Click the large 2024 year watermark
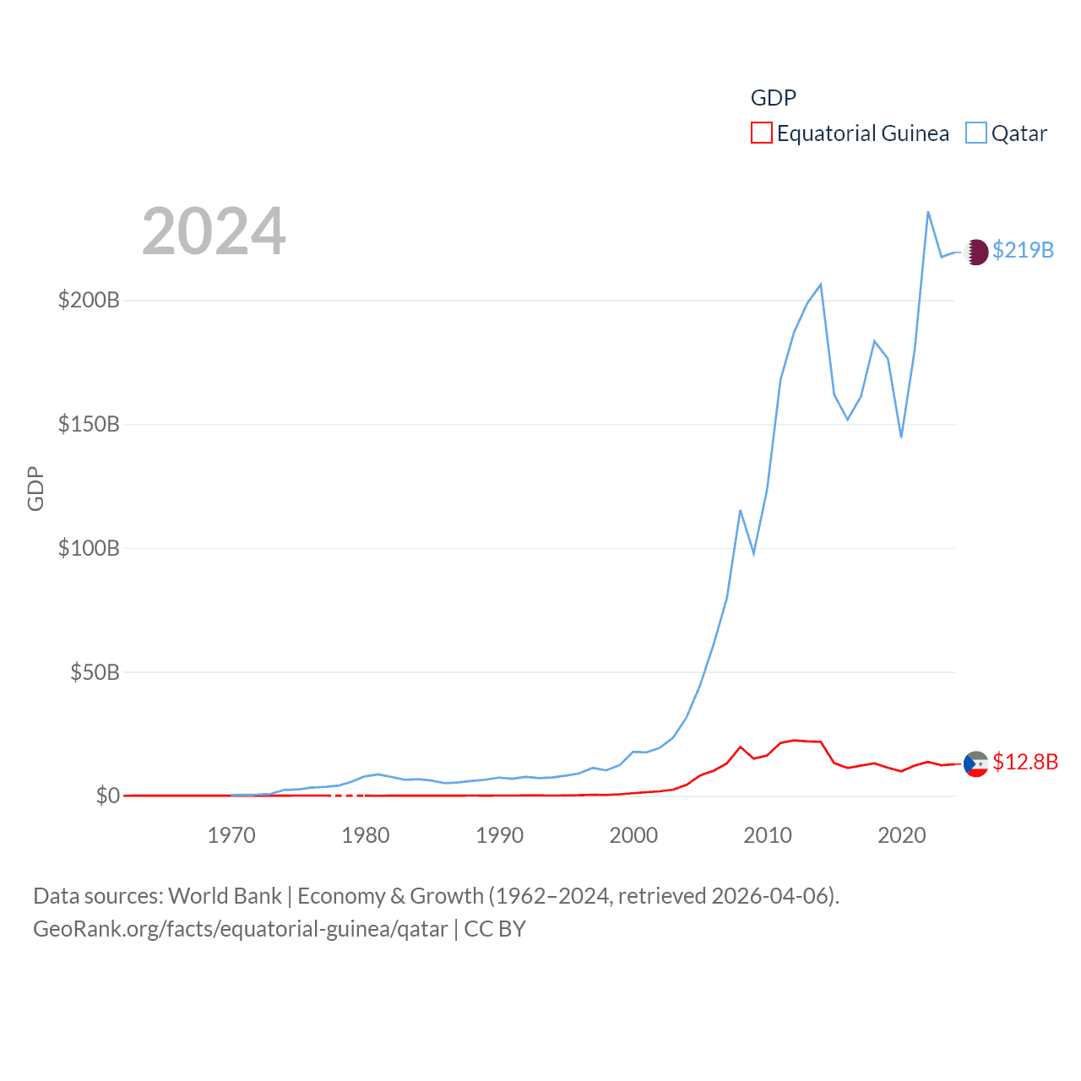pyautogui.click(x=214, y=231)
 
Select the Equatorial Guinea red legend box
pyautogui.click(x=761, y=133)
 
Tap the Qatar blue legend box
pyautogui.click(x=975, y=133)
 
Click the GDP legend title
pyautogui.click(x=773, y=98)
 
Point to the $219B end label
pyautogui.click(x=1023, y=250)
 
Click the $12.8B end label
pyautogui.click(x=1024, y=762)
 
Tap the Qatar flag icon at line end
pyautogui.click(x=976, y=252)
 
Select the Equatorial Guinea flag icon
pyautogui.click(x=976, y=763)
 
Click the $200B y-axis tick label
pyautogui.click(x=89, y=300)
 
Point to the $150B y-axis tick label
pyautogui.click(x=89, y=424)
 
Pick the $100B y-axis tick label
pyautogui.click(x=89, y=548)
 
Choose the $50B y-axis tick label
pyautogui.click(x=95, y=672)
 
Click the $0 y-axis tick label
pyautogui.click(x=107, y=796)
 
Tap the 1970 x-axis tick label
pyautogui.click(x=231, y=835)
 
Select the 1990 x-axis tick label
pyautogui.click(x=499, y=835)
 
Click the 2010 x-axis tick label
pyautogui.click(x=768, y=835)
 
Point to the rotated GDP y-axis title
pyautogui.click(x=35, y=488)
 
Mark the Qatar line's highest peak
pyautogui.click(x=928, y=211)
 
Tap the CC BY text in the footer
pyautogui.click(x=495, y=929)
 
